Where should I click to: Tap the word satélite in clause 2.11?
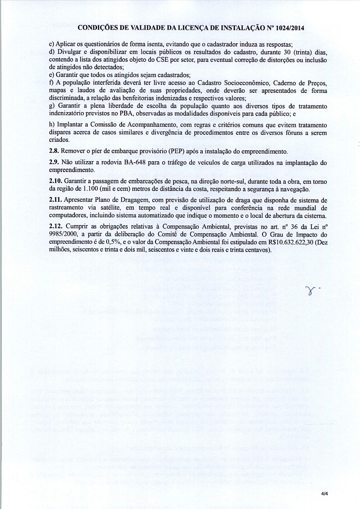109,208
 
